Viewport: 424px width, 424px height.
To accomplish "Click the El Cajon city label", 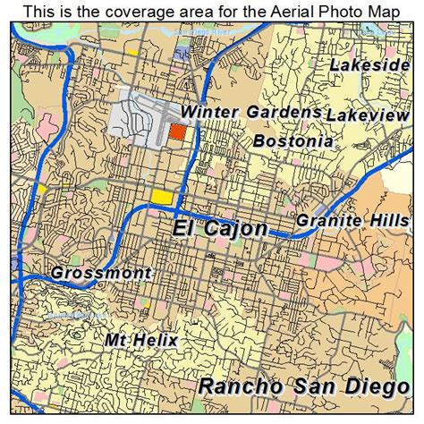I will [x=219, y=229].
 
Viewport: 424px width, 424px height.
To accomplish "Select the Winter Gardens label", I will [x=250, y=113].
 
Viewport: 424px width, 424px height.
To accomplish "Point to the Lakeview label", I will [x=367, y=115].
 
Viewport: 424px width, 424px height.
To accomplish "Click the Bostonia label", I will [x=293, y=141].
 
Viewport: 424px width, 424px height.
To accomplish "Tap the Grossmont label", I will [x=101, y=273].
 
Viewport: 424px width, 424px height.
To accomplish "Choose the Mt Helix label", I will [x=141, y=341].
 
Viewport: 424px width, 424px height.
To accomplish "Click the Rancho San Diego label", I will [x=305, y=387].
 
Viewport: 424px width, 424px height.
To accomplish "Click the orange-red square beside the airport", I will [x=178, y=131].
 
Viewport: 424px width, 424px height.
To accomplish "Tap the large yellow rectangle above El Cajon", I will [x=162, y=197].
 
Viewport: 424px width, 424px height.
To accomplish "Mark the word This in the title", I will [x=42, y=11].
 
